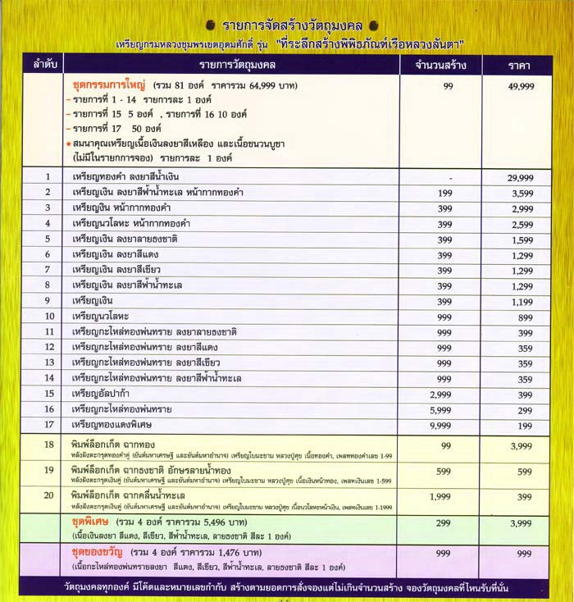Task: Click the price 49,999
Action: point(521,86)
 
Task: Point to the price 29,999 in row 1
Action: point(521,177)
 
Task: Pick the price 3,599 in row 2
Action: point(521,193)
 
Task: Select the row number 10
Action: point(48,316)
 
